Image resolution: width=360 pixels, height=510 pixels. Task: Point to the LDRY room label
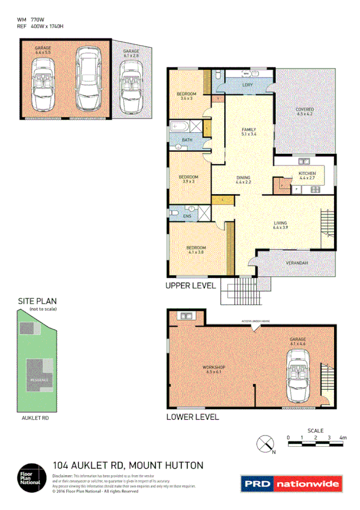(x=247, y=85)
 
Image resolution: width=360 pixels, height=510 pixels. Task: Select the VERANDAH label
(x=297, y=263)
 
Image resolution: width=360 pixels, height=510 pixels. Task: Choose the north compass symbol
(x=265, y=444)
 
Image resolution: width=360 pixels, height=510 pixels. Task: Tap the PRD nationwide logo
(x=291, y=484)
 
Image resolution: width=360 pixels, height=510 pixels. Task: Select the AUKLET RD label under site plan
(x=35, y=417)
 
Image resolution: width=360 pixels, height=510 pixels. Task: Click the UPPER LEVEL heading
(x=190, y=287)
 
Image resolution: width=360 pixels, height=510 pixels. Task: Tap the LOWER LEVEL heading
(x=192, y=417)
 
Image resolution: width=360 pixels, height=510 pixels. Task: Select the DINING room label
(x=243, y=179)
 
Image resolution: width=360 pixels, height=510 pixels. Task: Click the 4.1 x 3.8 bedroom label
(x=196, y=250)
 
